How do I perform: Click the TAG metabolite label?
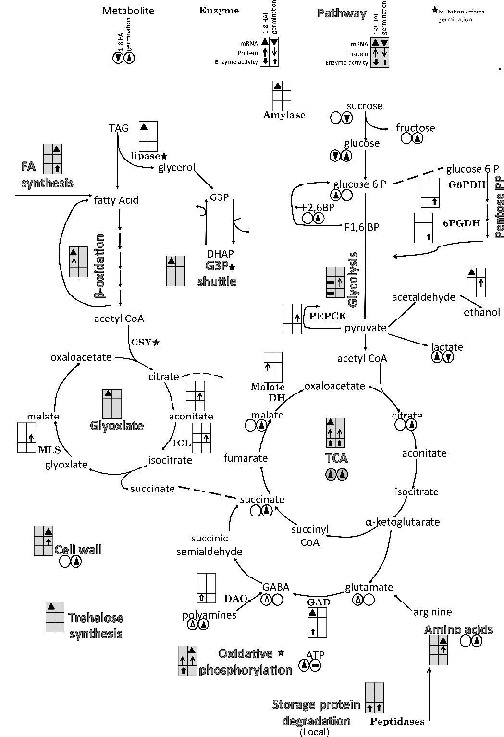pyautogui.click(x=119, y=128)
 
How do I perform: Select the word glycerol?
pyautogui.click(x=177, y=168)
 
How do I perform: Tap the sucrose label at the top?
pyautogui.click(x=365, y=105)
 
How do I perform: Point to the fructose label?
pyautogui.click(x=415, y=127)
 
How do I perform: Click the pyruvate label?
pyautogui.click(x=366, y=328)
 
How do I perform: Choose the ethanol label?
pyautogui.click(x=481, y=312)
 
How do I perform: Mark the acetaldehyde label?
pyautogui.click(x=423, y=297)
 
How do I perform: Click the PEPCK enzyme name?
pyautogui.click(x=328, y=316)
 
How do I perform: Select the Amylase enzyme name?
pyautogui.click(x=284, y=115)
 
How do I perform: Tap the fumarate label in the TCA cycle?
pyautogui.click(x=246, y=458)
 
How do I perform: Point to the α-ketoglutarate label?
pyautogui.click(x=402, y=522)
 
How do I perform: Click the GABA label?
pyautogui.click(x=276, y=587)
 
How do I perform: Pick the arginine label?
pyautogui.click(x=432, y=612)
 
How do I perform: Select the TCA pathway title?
pyautogui.click(x=336, y=457)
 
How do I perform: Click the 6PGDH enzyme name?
pyautogui.click(x=461, y=223)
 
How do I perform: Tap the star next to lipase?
pyautogui.click(x=164, y=156)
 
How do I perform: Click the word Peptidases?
pyautogui.click(x=397, y=721)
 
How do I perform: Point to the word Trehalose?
pyautogui.click(x=96, y=618)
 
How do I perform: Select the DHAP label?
pyautogui.click(x=220, y=254)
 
